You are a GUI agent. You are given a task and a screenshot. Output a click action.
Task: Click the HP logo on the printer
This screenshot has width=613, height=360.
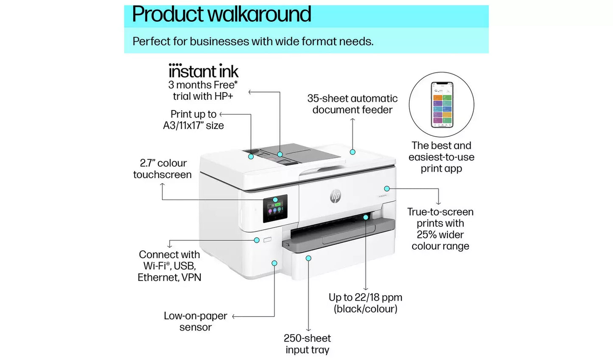click(x=335, y=196)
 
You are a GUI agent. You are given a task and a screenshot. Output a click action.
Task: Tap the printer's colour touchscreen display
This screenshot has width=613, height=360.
click(x=275, y=209)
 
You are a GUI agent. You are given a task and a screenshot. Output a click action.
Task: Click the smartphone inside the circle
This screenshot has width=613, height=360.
click(x=442, y=105)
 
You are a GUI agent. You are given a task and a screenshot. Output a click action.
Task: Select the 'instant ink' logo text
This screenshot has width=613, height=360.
click(x=203, y=71)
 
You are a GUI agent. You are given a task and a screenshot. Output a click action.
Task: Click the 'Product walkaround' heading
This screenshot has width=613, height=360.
click(x=221, y=14)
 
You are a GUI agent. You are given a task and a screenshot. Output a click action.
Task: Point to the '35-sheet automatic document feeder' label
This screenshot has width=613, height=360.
click(x=352, y=104)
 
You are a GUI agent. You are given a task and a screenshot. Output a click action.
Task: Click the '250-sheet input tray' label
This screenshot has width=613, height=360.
click(x=307, y=344)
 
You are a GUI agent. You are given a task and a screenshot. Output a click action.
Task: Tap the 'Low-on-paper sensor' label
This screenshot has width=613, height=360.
click(x=195, y=321)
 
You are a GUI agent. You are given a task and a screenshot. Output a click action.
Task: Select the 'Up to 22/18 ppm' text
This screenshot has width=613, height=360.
click(x=365, y=298)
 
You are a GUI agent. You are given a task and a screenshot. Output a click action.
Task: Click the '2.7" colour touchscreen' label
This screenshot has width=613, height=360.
click(x=162, y=169)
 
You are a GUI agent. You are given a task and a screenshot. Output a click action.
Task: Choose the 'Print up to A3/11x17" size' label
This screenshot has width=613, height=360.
click(x=193, y=120)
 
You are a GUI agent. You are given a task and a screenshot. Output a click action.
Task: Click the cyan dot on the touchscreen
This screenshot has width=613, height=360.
click(x=275, y=200)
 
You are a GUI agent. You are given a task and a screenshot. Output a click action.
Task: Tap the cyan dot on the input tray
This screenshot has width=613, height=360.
click(x=308, y=258)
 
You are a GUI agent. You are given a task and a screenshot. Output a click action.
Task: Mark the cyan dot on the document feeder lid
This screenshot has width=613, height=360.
click(x=353, y=152)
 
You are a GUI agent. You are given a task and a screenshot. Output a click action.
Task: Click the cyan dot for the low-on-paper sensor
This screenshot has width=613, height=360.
click(x=274, y=263)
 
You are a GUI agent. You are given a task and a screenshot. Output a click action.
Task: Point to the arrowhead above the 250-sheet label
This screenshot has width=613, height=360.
click(x=308, y=329)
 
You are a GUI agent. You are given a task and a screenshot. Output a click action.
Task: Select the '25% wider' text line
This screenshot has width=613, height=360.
click(x=440, y=235)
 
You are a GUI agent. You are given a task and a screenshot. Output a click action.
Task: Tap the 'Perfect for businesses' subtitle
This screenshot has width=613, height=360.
click(x=253, y=42)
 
